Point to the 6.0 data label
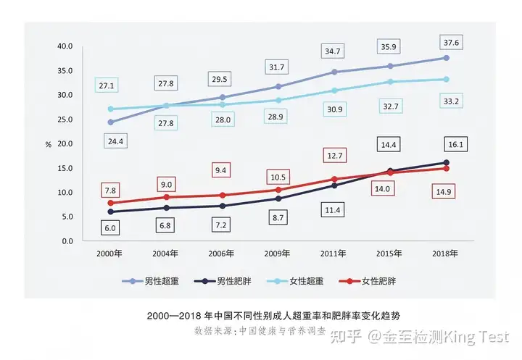110,227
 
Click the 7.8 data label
110,191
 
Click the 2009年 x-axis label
278,254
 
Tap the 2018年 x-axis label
446,254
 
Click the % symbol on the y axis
49,144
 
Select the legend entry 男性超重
149,280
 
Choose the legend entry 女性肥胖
378,280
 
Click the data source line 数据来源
262,330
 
